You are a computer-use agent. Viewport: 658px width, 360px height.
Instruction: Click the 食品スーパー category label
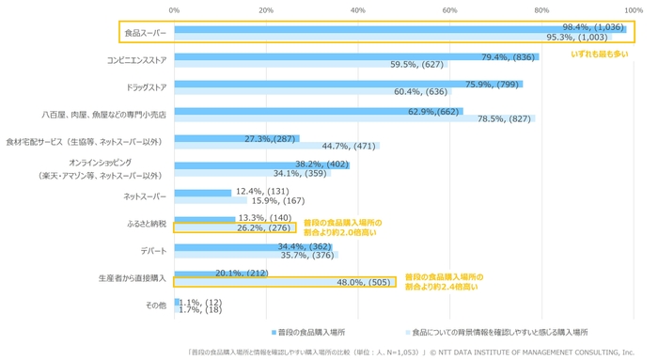(145, 33)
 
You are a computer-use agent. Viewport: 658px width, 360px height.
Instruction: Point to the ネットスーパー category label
(145, 196)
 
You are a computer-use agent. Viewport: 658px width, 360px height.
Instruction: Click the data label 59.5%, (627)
(418, 65)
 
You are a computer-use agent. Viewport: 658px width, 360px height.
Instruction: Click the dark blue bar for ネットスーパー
(202, 192)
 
